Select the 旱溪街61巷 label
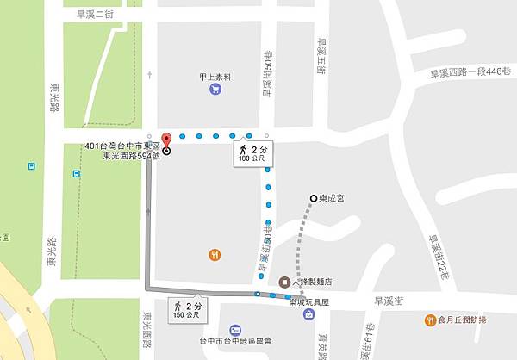coord(369,340)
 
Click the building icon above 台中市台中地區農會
coord(234,332)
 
